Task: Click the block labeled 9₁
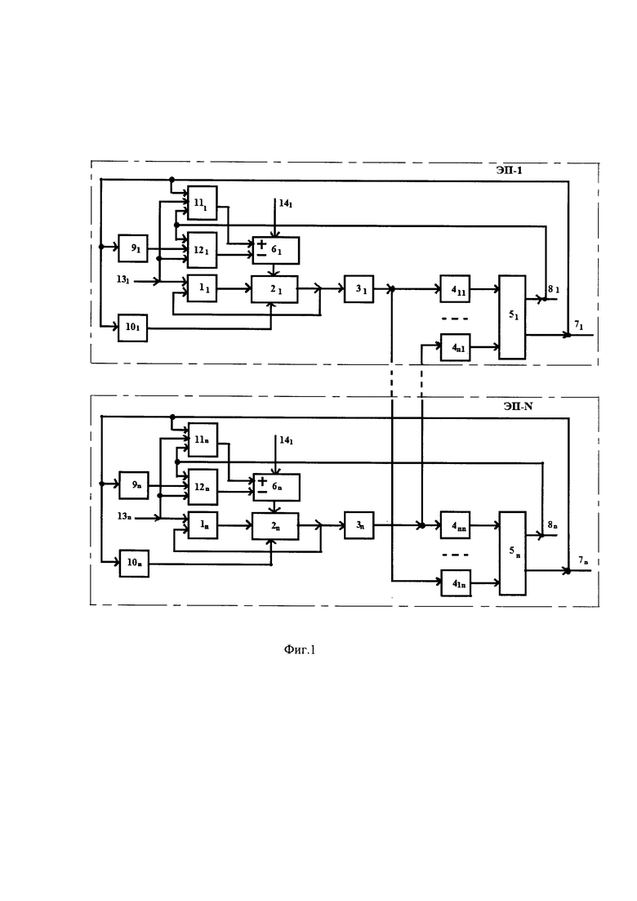pos(132,248)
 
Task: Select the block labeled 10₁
pos(132,328)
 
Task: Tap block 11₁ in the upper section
pos(203,203)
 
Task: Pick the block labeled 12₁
pos(203,250)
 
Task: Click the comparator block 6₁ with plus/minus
pos(276,251)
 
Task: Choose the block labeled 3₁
pos(359,289)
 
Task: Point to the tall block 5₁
pos(512,317)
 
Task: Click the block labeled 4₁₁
pos(455,289)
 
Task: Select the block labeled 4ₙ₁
pos(455,347)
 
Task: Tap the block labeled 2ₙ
pos(275,526)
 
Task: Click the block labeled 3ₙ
pos(359,525)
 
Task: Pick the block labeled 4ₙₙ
pos(455,525)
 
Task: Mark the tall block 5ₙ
pos(512,553)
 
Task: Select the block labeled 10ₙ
pos(134,563)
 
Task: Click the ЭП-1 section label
pos(510,171)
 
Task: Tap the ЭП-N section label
pos(518,406)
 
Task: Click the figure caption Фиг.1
pos(300,650)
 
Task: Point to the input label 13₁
pos(123,280)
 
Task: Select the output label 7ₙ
pos(584,560)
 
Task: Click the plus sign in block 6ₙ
pos(262,481)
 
